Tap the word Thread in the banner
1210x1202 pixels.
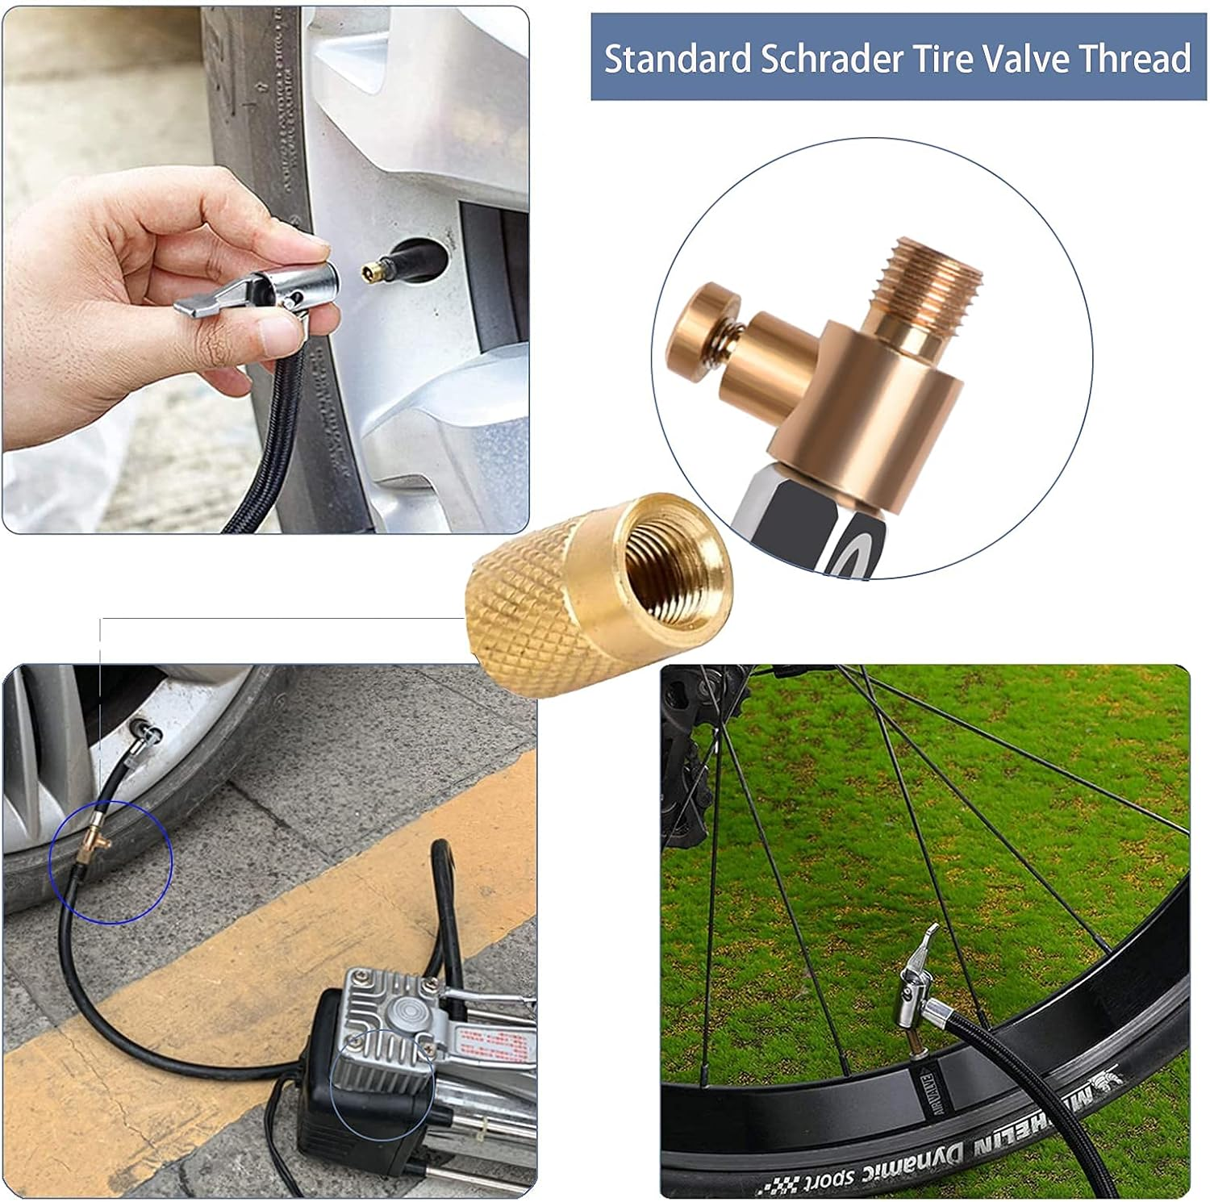click(1134, 60)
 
